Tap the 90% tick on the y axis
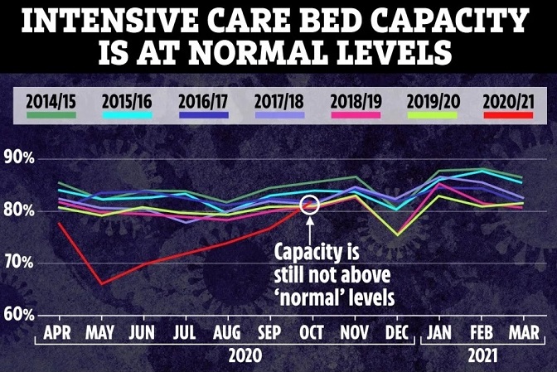point(17,158)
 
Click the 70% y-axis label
point(17,263)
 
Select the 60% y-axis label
point(17,316)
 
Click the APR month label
point(57,333)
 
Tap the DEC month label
point(396,333)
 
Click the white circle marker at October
point(311,204)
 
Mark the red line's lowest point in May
point(100,284)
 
